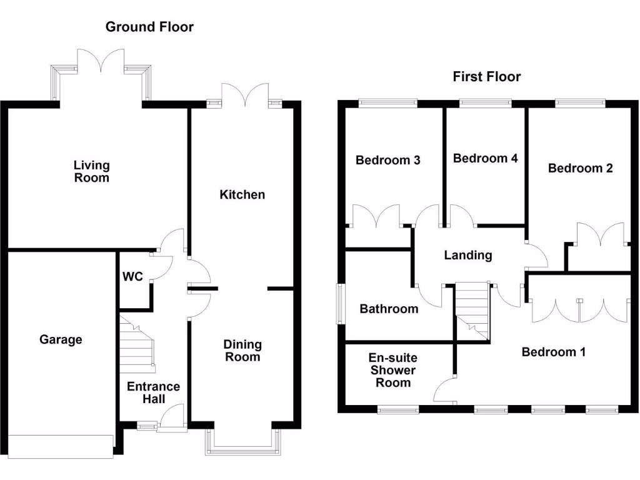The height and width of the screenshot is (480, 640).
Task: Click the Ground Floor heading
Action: coord(149,27)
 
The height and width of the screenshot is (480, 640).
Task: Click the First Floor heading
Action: coord(487,77)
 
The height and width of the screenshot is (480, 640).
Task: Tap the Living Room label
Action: coord(91,171)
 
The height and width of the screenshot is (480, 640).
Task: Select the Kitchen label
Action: coord(242,195)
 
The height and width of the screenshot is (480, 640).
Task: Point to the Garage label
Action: coord(61,340)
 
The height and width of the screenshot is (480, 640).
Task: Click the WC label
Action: coord(132,276)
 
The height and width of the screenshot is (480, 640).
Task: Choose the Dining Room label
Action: coord(242,351)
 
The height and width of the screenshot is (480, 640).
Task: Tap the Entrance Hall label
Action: coord(153,392)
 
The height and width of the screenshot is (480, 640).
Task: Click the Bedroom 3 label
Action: coord(387,161)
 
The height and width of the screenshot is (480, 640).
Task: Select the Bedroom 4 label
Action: coord(485,159)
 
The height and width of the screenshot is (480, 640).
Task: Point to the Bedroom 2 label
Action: coord(580,168)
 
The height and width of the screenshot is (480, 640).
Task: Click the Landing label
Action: coord(467,255)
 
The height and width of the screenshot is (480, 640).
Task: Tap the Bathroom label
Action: coord(389,309)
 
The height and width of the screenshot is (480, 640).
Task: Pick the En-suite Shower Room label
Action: coord(392,371)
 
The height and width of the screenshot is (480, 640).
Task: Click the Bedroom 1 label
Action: coord(553,352)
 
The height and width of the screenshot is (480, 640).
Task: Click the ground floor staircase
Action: coord(137,344)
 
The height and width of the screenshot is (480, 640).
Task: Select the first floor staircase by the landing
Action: coord(471,310)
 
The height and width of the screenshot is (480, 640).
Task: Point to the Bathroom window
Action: coord(341,304)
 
